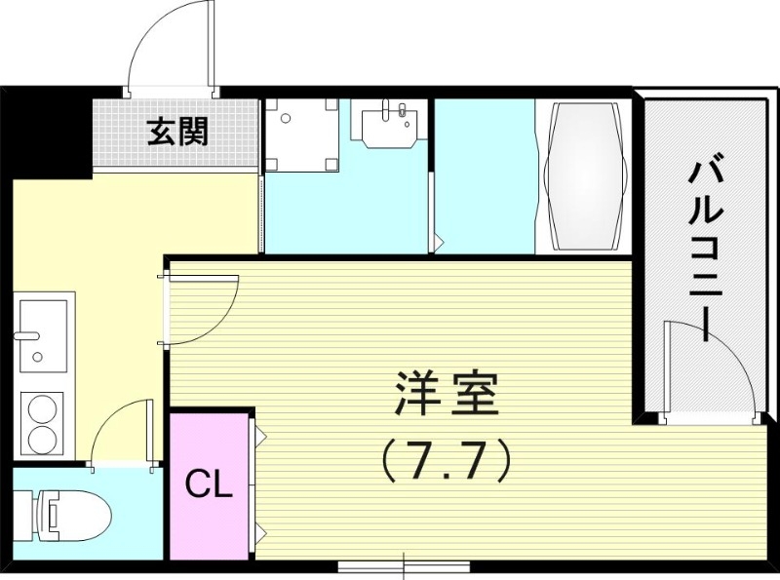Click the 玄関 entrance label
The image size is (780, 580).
click(x=178, y=132)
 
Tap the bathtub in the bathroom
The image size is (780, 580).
click(x=584, y=176)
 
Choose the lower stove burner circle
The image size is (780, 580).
click(x=43, y=438)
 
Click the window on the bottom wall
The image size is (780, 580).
click(x=404, y=565)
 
